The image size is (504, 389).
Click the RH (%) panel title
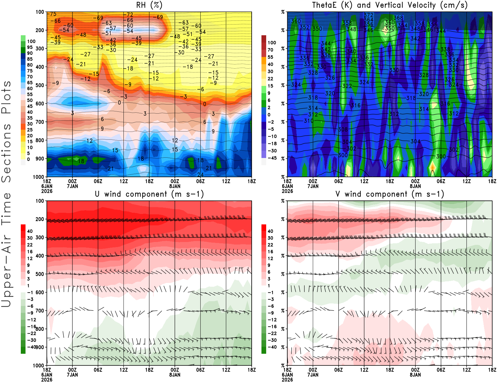[149, 5]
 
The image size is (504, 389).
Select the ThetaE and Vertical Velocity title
[390, 5]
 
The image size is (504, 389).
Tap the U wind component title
[149, 194]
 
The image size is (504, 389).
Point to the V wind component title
[390, 194]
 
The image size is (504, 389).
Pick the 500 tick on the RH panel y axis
[40, 85]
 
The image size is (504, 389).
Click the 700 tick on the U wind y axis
[40, 311]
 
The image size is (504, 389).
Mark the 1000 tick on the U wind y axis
[38, 365]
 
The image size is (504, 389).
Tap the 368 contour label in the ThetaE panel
[398, 18]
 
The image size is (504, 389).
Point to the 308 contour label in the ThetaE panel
[343, 129]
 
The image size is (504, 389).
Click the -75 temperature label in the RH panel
[52, 14]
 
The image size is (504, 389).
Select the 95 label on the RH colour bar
[30, 47]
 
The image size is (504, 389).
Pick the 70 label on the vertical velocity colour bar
[270, 50]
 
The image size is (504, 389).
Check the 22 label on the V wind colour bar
[270, 245]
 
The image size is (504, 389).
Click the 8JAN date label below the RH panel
[175, 186]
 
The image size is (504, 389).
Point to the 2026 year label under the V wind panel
[287, 380]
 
